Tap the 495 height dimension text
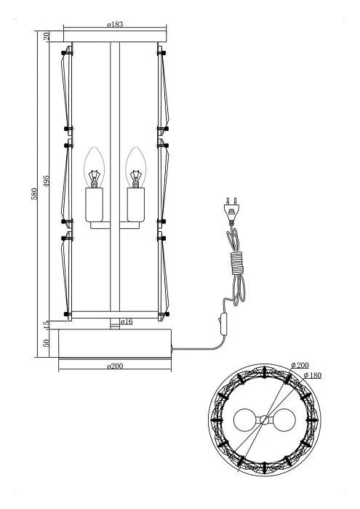[x=47, y=182]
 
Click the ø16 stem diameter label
[x=126, y=322]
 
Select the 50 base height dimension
[x=47, y=342]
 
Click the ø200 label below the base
[x=113, y=366]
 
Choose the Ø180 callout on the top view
[x=313, y=375]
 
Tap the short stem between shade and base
[x=113, y=324]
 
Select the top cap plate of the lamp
[x=113, y=36]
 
